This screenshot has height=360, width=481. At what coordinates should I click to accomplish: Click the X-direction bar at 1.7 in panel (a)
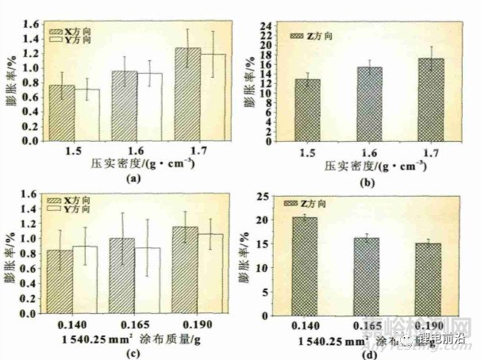[188, 95]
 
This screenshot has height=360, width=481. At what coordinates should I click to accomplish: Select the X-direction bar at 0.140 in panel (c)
[60, 281]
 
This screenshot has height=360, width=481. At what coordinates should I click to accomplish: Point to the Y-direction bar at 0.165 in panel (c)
[148, 281]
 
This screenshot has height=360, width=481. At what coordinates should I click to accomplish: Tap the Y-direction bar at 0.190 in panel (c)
[211, 274]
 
